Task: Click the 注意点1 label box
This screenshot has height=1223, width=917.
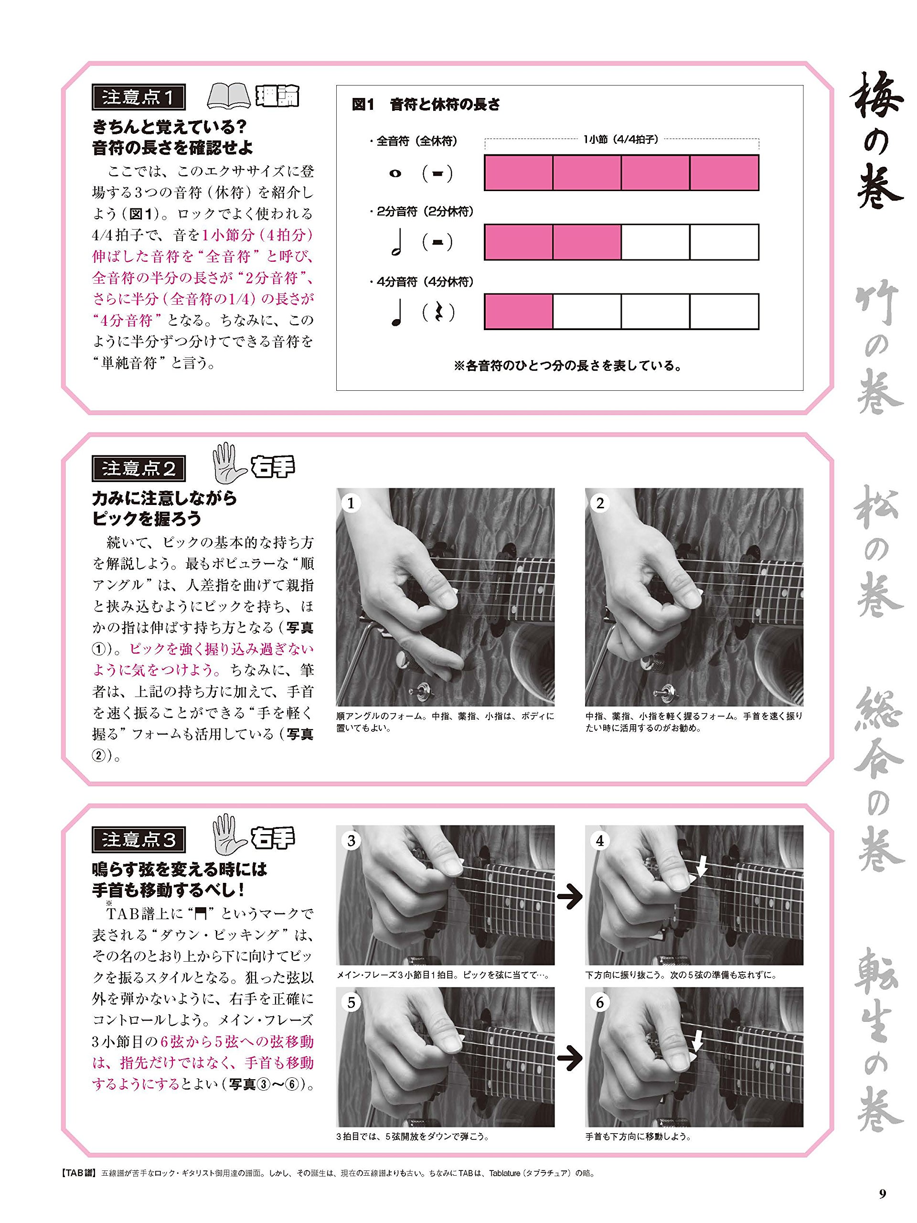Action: point(138,97)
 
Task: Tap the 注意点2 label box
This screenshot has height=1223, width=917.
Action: point(138,468)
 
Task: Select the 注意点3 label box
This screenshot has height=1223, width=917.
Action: point(138,839)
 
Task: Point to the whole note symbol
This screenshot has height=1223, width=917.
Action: point(395,173)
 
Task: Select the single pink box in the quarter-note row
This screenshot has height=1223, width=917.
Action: point(519,312)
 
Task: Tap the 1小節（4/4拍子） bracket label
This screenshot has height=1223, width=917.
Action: point(621,140)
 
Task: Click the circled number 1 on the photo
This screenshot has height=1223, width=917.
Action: point(351,503)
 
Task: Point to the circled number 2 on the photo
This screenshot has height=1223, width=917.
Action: point(600,503)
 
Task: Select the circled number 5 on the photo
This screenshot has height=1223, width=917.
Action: point(351,1002)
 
